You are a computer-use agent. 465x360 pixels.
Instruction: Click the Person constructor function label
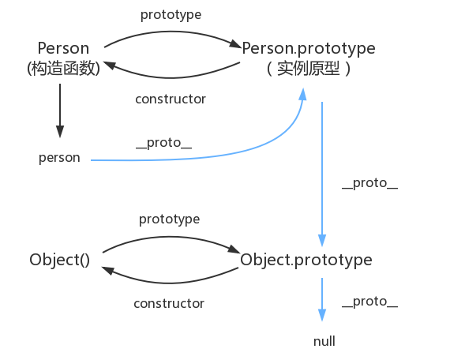[x=62, y=48]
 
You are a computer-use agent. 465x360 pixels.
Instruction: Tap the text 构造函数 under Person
[x=63, y=69]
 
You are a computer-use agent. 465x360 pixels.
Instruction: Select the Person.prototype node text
[x=309, y=48]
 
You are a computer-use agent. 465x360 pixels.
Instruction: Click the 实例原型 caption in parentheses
[x=309, y=69]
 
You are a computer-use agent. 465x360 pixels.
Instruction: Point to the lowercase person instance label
[x=59, y=157]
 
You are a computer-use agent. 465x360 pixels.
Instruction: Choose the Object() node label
[x=60, y=260]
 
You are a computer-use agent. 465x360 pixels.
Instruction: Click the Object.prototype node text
[x=306, y=260]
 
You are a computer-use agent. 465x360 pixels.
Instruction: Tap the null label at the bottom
[x=324, y=341]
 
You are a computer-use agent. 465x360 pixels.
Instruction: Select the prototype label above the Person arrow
[x=171, y=15]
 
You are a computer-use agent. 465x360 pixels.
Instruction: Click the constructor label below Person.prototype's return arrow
[x=171, y=99]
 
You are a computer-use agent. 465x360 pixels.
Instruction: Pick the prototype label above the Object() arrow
[x=169, y=218]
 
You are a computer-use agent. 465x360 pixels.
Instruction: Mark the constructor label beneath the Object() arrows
[x=169, y=303]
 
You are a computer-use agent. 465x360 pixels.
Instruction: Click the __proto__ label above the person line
[x=163, y=145]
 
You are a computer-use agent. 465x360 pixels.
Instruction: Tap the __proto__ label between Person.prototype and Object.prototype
[x=369, y=184]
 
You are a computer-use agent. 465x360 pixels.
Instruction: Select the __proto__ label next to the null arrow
[x=369, y=302]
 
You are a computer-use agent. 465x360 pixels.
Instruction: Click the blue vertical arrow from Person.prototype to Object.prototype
[x=322, y=174]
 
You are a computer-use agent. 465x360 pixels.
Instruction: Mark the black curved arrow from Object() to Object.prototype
[x=171, y=234]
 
